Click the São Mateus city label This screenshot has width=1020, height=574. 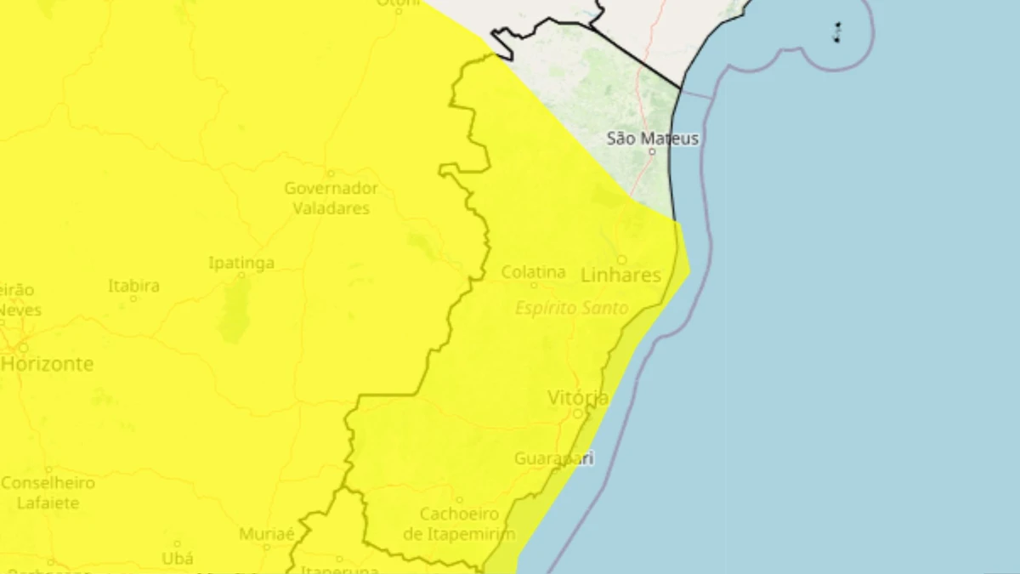[653, 138]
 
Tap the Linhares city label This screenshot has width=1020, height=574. [620, 275]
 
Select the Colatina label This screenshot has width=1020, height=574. [533, 272]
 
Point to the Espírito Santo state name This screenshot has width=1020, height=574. [572, 308]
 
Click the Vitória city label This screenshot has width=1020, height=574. [578, 398]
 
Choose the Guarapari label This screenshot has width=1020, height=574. [553, 458]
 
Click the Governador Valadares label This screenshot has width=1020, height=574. [331, 198]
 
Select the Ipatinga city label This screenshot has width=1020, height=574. [241, 263]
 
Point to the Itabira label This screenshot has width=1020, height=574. [133, 286]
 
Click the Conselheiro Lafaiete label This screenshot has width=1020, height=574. [48, 492]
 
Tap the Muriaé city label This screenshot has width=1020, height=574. [266, 534]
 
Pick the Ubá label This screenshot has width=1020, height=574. [177, 559]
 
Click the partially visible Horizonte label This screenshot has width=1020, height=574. [48, 364]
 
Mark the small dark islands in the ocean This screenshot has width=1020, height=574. [837, 33]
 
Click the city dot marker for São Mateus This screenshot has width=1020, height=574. [652, 151]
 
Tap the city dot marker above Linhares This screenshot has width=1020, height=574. [621, 259]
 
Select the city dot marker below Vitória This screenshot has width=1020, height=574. [578, 413]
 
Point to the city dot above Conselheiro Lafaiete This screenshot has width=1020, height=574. [48, 469]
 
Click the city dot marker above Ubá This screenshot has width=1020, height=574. [177, 543]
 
